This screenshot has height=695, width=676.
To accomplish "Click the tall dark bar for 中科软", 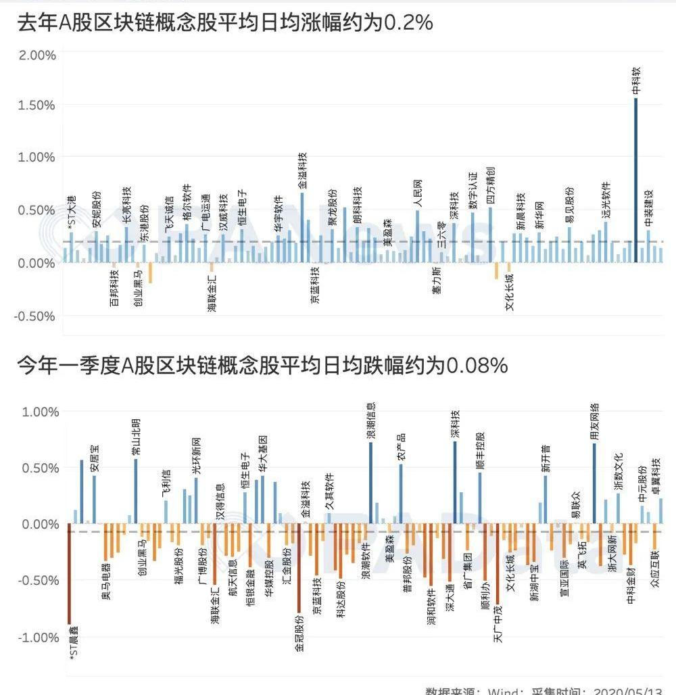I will point(635,180).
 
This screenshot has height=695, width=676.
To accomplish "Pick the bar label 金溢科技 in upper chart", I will point(302,170).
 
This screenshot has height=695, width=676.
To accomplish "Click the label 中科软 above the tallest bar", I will point(636,80).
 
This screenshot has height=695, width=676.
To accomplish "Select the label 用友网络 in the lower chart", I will point(594,421).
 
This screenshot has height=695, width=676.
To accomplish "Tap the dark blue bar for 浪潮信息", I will point(370,483).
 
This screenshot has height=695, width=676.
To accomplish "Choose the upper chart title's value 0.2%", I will point(408,23).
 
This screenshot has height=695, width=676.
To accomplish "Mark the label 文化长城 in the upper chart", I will point(510,291).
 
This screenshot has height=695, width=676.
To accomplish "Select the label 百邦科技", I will point(114,288).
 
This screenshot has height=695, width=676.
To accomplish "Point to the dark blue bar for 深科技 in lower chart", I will point(455,482).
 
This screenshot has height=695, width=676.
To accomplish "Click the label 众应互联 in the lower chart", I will point(654,588).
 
